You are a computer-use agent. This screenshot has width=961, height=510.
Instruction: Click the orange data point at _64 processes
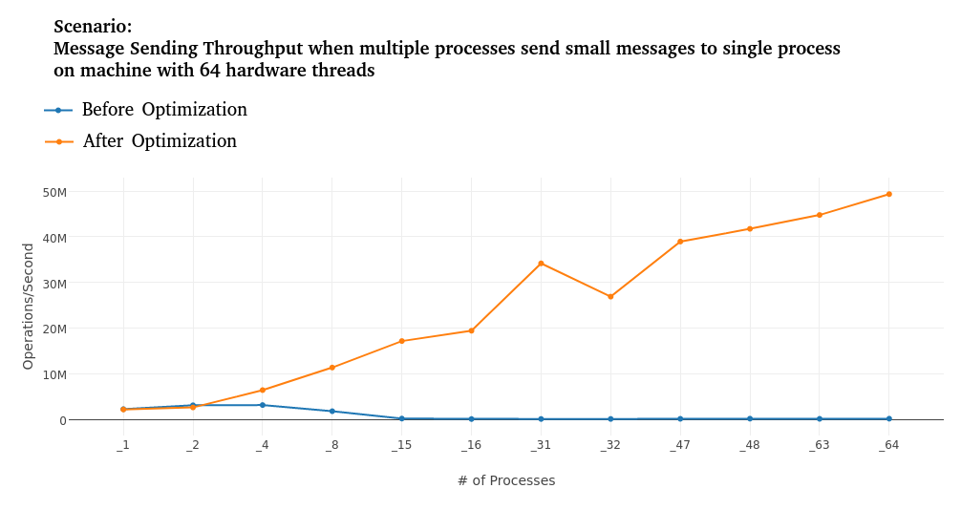888,194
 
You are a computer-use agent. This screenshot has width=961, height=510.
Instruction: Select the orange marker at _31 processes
541,264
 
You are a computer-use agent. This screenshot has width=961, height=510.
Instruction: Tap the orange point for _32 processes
610,297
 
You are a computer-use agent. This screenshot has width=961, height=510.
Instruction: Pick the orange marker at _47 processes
680,242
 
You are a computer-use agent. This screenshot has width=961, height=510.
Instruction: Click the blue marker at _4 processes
263,405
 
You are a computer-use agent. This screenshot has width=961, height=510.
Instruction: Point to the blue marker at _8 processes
332,412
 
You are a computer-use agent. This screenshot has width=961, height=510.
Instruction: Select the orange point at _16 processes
471,330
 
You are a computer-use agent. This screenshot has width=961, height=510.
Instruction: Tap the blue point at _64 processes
888,418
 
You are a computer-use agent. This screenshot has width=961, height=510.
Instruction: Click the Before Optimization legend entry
163,110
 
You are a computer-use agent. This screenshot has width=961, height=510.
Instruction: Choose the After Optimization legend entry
159,141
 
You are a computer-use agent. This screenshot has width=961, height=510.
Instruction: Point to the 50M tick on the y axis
54,192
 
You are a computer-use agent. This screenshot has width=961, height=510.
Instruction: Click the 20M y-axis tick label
54,329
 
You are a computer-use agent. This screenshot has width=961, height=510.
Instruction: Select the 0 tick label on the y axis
63,420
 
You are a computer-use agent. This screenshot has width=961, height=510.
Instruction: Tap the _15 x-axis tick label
401,445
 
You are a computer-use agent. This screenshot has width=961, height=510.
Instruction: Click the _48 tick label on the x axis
749,445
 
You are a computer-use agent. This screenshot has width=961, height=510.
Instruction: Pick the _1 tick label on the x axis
123,445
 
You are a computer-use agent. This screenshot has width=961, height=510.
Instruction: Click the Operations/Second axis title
28,306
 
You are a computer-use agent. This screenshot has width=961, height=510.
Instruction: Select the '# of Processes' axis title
505,480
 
